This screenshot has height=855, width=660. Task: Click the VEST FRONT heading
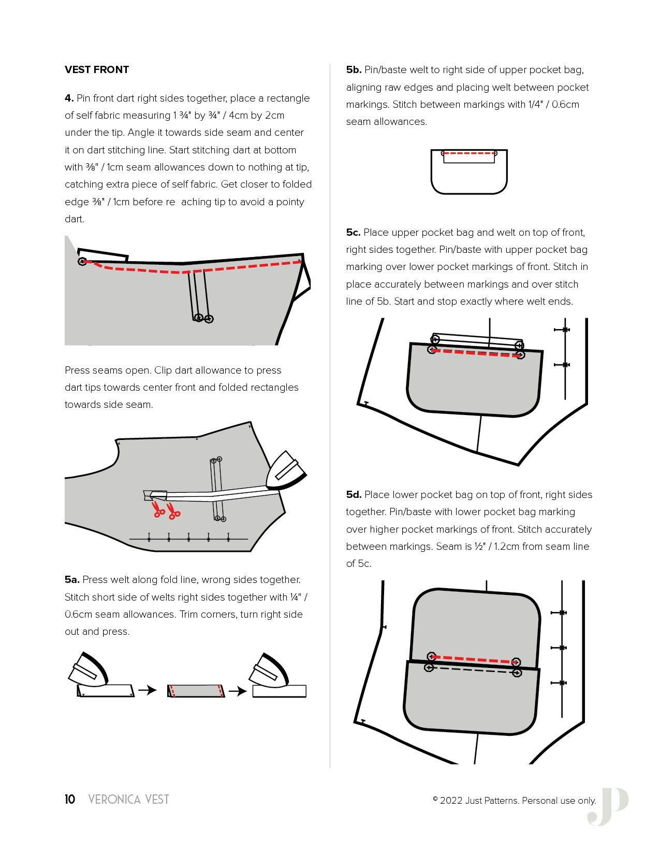click(97, 69)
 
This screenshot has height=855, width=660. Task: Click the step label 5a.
click(72, 579)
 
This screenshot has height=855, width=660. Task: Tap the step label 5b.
click(354, 69)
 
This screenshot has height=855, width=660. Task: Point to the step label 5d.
click(354, 494)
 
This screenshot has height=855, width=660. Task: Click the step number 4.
click(69, 98)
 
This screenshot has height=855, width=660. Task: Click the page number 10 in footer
click(70, 799)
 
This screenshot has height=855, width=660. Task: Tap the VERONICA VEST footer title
click(129, 799)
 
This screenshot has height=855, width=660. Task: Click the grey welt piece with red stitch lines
click(196, 691)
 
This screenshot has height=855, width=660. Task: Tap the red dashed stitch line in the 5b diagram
click(468, 153)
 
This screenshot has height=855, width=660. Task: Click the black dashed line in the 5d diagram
click(472, 671)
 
